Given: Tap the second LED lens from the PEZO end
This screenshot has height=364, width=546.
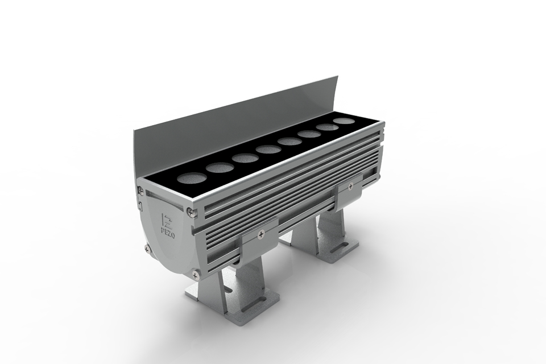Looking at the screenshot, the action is point(220,168).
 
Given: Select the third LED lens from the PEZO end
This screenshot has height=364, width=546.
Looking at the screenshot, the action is point(245,158).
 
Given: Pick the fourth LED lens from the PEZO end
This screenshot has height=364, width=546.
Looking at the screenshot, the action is point(268,150).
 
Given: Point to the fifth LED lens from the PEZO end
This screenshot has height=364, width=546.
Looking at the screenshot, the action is point(289,142).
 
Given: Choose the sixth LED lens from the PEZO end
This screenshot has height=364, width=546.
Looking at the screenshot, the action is point(309,134).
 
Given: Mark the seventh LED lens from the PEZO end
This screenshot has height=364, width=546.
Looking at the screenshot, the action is point(327,127).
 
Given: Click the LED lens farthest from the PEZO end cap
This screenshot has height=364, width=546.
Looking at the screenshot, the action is point(344,121).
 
